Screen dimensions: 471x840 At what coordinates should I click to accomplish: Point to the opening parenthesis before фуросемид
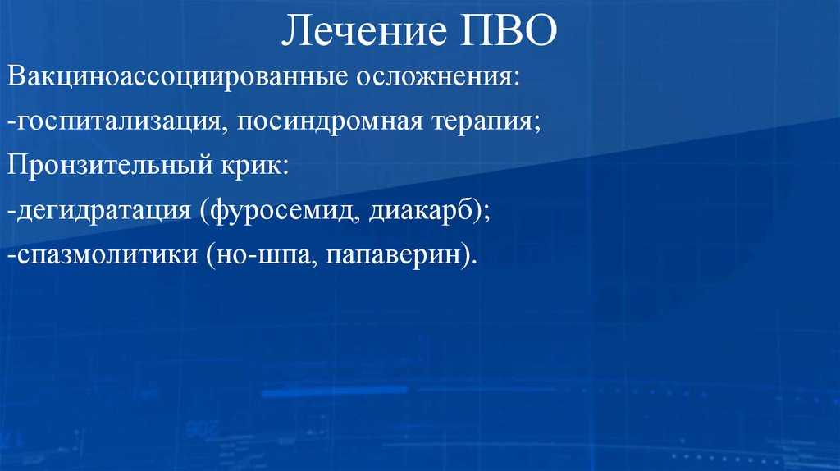(203, 211)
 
